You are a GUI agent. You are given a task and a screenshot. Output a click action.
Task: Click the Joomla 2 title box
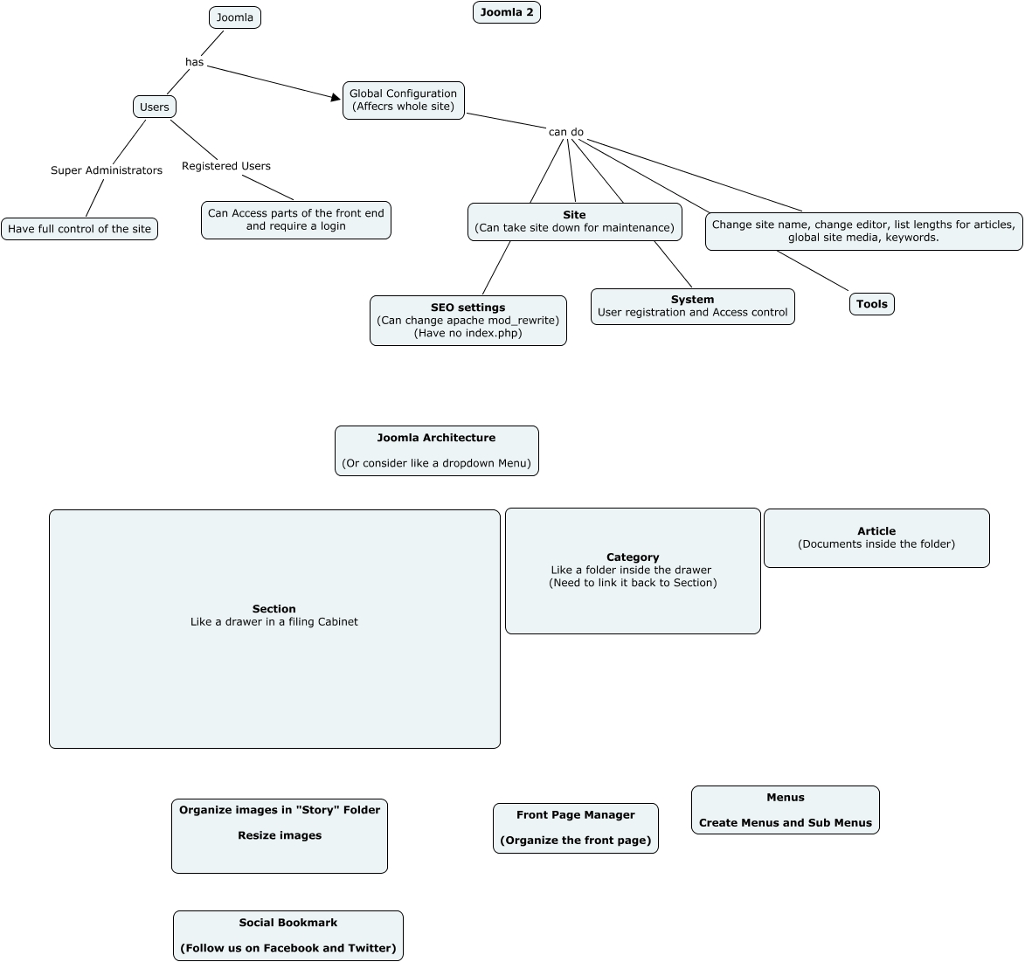(507, 12)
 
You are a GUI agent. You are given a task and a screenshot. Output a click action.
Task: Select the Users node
(155, 107)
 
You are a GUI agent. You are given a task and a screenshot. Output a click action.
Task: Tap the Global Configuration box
(404, 100)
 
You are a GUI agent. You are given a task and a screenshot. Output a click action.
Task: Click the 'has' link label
(194, 62)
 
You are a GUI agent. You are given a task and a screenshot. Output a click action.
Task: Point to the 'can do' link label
(566, 132)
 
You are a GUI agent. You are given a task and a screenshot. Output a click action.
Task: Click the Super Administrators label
(107, 170)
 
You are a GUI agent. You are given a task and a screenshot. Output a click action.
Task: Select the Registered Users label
(226, 166)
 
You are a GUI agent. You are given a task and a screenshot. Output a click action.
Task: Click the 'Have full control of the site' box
(80, 229)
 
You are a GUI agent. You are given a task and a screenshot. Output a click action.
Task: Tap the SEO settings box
(468, 321)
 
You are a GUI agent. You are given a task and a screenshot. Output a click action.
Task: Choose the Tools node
(872, 304)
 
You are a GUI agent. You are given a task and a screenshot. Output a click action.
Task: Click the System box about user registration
(692, 307)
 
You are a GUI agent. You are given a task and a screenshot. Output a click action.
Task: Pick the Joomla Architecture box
(437, 451)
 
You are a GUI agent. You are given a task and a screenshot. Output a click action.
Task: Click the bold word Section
(274, 609)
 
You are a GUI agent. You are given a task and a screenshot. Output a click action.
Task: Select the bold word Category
(633, 557)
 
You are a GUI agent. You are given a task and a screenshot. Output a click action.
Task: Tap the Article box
(876, 538)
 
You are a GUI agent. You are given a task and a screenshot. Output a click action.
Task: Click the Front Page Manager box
(576, 828)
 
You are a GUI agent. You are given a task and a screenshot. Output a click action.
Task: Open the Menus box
(786, 810)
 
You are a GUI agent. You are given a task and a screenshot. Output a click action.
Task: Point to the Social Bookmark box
(288, 936)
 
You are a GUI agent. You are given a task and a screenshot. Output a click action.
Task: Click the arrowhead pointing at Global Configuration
(336, 98)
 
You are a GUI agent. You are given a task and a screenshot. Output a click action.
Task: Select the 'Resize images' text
(280, 836)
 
